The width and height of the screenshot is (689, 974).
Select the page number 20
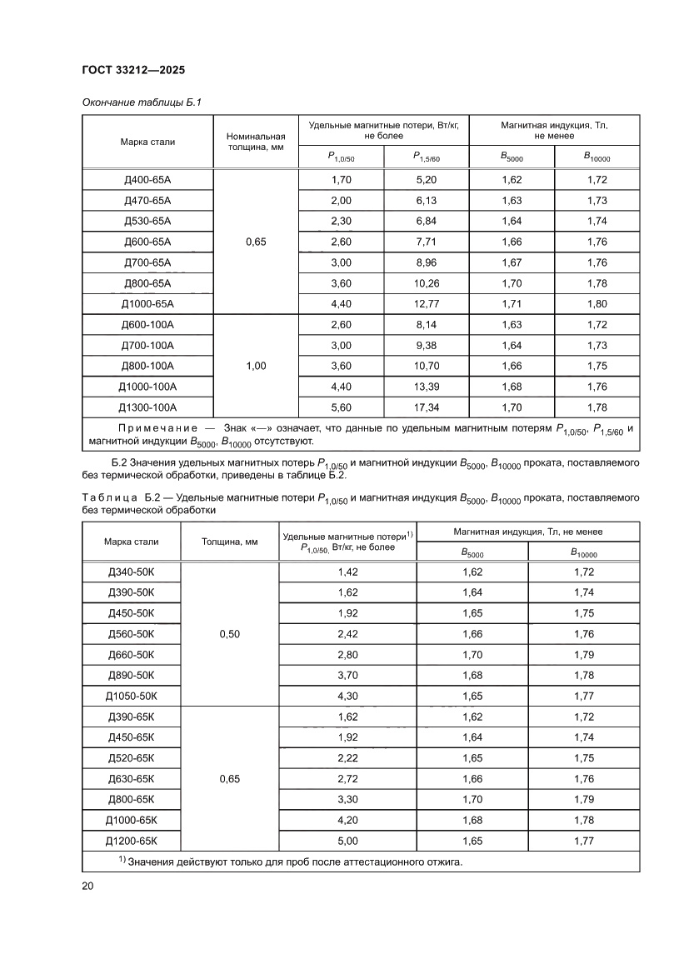pyautogui.click(x=87, y=886)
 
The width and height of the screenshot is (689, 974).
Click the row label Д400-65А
pyautogui.click(x=147, y=180)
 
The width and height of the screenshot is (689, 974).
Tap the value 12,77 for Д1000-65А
pyautogui.click(x=425, y=304)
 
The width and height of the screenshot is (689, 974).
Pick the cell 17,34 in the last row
pyautogui.click(x=425, y=407)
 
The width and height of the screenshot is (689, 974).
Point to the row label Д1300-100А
pyautogui.click(x=148, y=407)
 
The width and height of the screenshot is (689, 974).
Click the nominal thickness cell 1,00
pyautogui.click(x=256, y=366)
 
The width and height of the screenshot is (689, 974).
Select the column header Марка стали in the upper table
pyautogui.click(x=147, y=142)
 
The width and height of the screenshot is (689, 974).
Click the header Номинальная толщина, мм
pyautogui.click(x=256, y=142)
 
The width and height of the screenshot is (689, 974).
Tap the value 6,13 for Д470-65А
pyautogui.click(x=425, y=201)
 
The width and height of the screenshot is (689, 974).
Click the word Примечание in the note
pyautogui.click(x=146, y=428)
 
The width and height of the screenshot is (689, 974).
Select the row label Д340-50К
pyautogui.click(x=132, y=572)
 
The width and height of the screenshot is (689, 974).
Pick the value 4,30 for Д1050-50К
pyautogui.click(x=347, y=696)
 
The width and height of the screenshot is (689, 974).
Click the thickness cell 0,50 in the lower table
pyautogui.click(x=229, y=634)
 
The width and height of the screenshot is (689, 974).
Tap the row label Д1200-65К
pyautogui.click(x=132, y=841)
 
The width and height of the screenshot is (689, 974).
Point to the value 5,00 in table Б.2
pyautogui.click(x=347, y=841)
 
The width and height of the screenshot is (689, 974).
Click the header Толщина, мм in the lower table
pyautogui.click(x=229, y=542)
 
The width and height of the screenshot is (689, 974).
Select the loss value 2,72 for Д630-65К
pyautogui.click(x=347, y=779)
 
